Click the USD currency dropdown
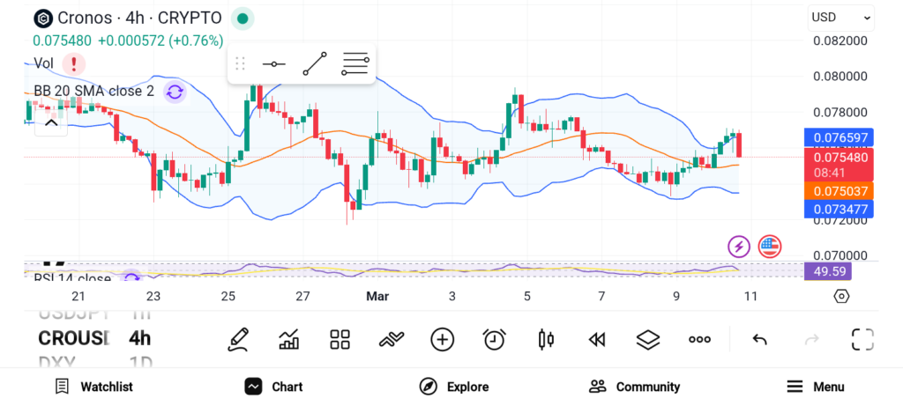(x=840, y=18)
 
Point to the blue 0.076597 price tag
(x=837, y=137)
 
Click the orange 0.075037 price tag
(x=837, y=190)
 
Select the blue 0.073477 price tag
(x=837, y=209)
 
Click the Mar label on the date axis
(x=377, y=297)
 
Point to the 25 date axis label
(x=228, y=297)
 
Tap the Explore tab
(x=454, y=387)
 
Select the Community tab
(x=635, y=387)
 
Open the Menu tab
(x=816, y=387)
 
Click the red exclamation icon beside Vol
(x=73, y=63)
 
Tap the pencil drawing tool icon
(x=237, y=339)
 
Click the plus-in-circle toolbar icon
(x=442, y=339)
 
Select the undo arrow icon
(x=759, y=339)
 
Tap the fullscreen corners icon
(x=862, y=339)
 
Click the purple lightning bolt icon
(x=738, y=247)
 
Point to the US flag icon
(x=770, y=247)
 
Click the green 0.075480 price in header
(x=62, y=41)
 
